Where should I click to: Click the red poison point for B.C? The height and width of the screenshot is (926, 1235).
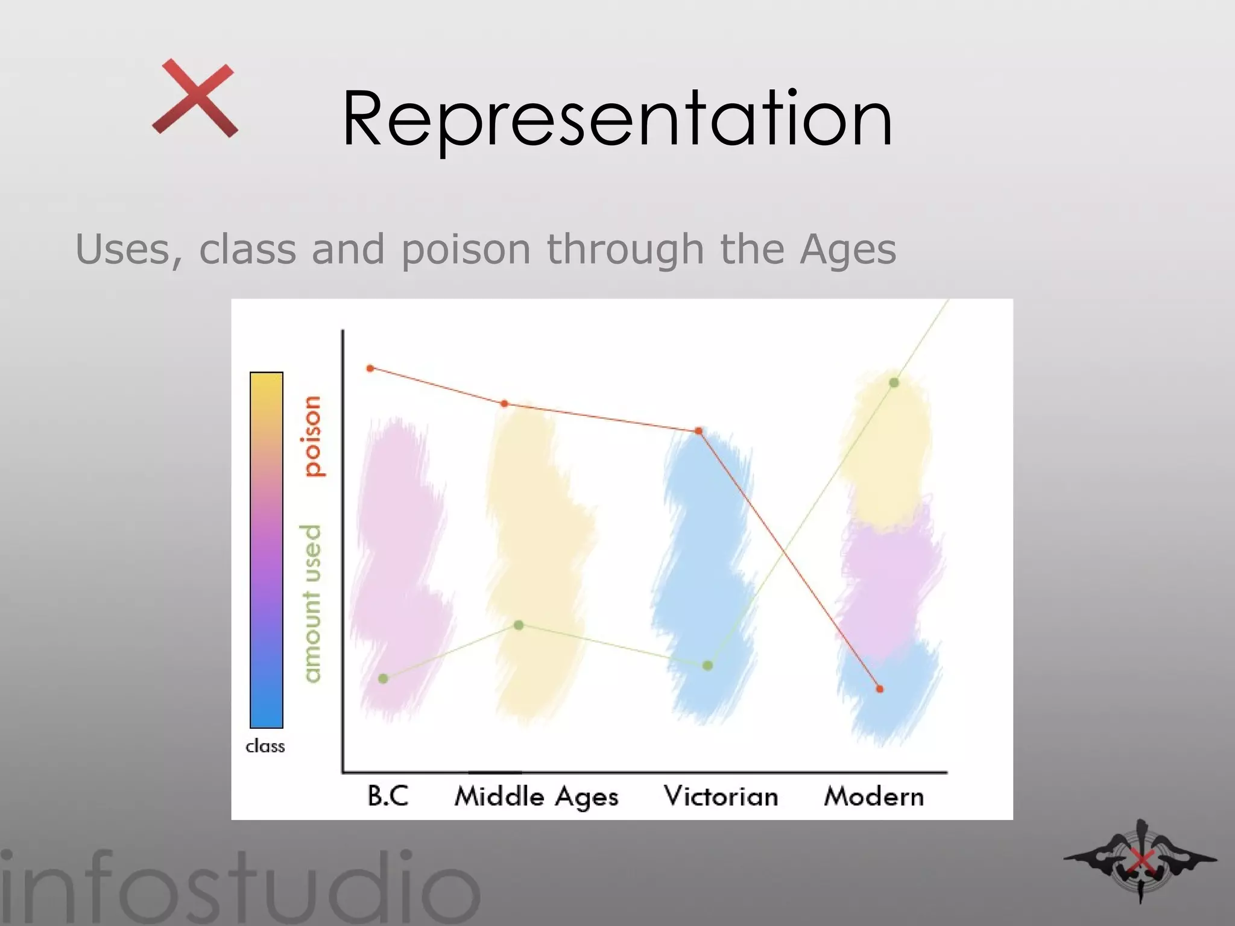(370, 368)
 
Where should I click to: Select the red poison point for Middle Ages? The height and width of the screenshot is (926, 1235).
(505, 404)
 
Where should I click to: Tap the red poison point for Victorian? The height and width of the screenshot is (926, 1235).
(698, 431)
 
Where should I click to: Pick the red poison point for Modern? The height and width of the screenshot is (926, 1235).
(880, 688)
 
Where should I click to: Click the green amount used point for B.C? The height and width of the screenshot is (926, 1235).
(383, 679)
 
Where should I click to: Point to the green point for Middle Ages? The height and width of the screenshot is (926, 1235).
(519, 625)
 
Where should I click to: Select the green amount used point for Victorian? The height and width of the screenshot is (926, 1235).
(708, 666)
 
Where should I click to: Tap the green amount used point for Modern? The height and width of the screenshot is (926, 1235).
(894, 383)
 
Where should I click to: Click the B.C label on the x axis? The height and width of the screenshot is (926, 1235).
(388, 796)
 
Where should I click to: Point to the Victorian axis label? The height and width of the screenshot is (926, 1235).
(721, 796)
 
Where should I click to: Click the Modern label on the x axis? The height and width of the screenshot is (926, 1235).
(874, 796)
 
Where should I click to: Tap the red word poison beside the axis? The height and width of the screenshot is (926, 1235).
(312, 436)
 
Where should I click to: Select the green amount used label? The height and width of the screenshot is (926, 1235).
(311, 603)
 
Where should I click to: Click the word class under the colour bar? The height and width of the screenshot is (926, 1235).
(265, 746)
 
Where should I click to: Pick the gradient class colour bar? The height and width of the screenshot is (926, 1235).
(267, 550)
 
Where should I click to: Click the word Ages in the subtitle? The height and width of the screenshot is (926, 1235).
(847, 249)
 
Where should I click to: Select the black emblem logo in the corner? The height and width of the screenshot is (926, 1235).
(1140, 860)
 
